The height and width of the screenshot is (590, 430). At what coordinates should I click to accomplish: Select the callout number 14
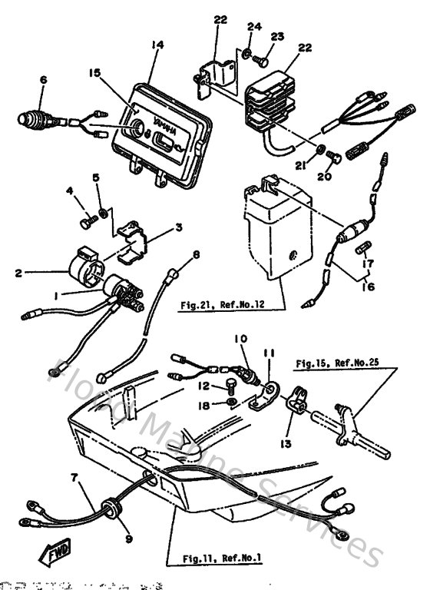[158, 45]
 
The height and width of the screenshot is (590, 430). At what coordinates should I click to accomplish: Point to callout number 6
[43, 80]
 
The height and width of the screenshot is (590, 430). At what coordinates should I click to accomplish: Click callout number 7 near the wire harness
[74, 479]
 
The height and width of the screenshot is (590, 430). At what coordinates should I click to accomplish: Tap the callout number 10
[241, 337]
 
